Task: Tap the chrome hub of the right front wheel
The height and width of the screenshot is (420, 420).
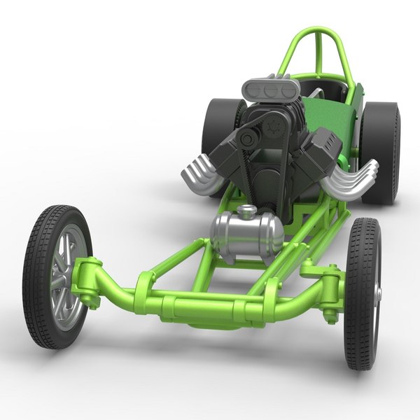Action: click(379, 294)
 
